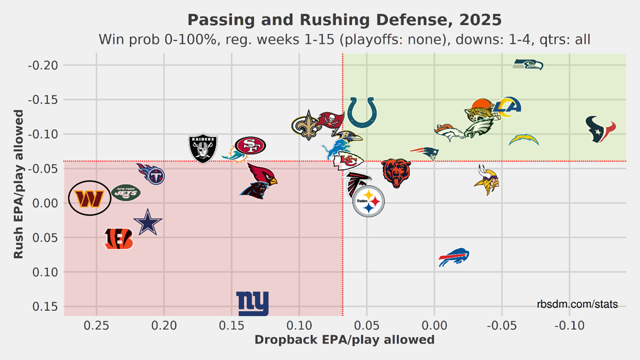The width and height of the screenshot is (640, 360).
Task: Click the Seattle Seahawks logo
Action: pyautogui.click(x=528, y=65)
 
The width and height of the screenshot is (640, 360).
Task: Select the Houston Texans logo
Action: pyautogui.click(x=601, y=129)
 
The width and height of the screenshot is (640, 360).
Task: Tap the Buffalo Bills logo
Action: pyautogui.click(x=454, y=257)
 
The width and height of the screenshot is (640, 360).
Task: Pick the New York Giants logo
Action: pyautogui.click(x=252, y=304)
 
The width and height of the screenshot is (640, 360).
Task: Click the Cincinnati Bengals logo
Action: pyautogui.click(x=118, y=239)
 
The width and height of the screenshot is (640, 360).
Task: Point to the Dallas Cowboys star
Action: pyautogui.click(x=148, y=222)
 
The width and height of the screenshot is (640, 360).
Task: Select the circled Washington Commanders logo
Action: pyautogui.click(x=90, y=198)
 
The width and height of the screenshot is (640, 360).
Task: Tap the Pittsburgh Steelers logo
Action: pyautogui.click(x=369, y=202)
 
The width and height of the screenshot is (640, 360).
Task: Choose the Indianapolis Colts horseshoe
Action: pyautogui.click(x=362, y=113)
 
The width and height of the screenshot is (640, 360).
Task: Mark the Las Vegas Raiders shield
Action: pyautogui.click(x=203, y=148)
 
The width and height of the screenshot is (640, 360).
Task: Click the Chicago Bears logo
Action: pyautogui.click(x=396, y=173)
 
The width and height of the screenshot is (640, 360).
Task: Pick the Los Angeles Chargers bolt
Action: pyautogui.click(x=524, y=139)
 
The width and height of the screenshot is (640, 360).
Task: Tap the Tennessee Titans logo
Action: pyautogui.click(x=151, y=174)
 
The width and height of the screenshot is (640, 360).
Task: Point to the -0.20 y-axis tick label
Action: pyautogui.click(x=43, y=65)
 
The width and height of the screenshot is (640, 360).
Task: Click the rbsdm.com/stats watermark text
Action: pyautogui.click(x=577, y=305)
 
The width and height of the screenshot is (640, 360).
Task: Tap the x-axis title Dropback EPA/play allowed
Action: pyautogui.click(x=344, y=339)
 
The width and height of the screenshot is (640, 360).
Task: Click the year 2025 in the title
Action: pyautogui.click(x=481, y=20)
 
